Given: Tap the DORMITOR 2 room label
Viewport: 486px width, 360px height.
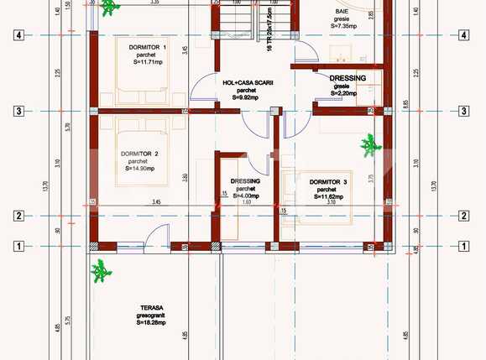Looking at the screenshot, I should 140,154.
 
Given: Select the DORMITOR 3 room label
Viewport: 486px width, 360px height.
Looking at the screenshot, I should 327,181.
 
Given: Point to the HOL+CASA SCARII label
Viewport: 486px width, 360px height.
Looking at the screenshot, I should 245,82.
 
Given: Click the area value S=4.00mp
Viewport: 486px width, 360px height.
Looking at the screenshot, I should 245,196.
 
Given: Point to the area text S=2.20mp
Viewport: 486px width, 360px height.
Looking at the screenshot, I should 342,93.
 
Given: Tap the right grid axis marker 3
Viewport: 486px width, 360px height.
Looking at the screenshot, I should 462,111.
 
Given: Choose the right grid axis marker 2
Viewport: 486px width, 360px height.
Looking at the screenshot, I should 462,216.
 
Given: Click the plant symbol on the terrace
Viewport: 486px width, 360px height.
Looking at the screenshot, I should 102,271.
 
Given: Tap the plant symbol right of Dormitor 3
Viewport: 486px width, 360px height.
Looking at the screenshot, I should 370,145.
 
